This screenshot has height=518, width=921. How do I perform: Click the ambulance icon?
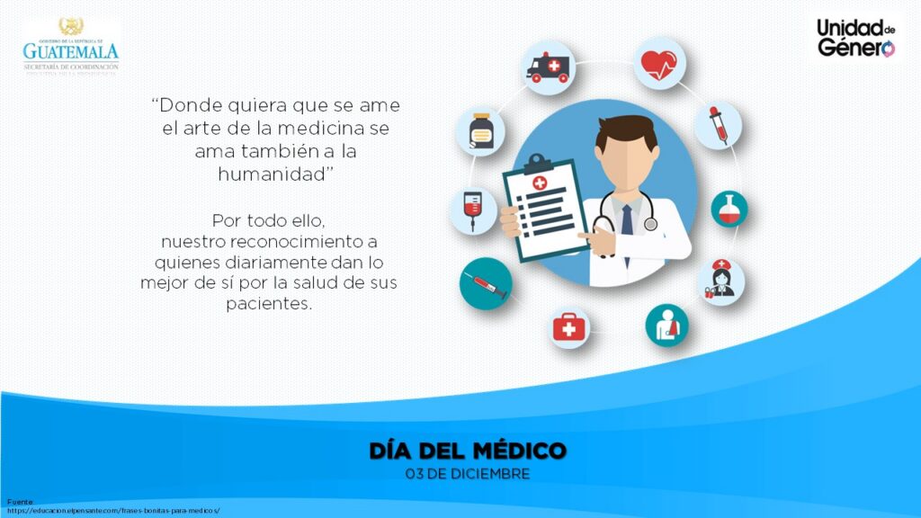(548, 67)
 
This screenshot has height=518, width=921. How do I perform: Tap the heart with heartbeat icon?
(660, 64)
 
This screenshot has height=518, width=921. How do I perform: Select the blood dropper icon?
(718, 125)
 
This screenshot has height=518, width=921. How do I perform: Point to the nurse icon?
(721, 281)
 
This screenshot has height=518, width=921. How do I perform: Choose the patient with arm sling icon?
(666, 326)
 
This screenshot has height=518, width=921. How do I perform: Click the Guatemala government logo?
(70, 46)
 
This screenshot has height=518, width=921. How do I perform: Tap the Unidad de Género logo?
(855, 38)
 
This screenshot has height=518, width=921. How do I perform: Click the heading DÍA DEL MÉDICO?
(468, 451)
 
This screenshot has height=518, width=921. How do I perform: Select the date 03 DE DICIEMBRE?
(468, 473)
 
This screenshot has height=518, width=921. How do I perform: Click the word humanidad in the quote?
(273, 174)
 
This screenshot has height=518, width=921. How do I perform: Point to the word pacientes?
(268, 304)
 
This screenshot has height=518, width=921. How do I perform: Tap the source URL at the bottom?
(113, 510)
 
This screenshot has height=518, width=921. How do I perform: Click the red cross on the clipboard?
(540, 183)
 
